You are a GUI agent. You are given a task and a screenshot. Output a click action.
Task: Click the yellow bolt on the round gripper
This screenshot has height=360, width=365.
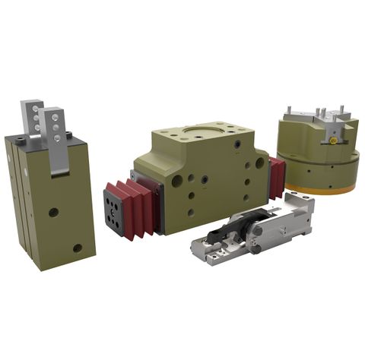(x=332, y=141)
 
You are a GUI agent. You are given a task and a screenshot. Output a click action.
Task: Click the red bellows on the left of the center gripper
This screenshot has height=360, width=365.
(x=141, y=206)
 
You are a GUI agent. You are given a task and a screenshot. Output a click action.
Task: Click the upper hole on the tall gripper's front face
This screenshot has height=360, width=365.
(x=53, y=212)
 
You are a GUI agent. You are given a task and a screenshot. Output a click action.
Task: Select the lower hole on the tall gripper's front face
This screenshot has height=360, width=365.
(x=78, y=248)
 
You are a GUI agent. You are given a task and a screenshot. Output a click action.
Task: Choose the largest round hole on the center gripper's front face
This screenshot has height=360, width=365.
(x=177, y=182)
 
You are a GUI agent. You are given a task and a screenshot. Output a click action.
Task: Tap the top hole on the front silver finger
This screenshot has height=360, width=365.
(x=54, y=119)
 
